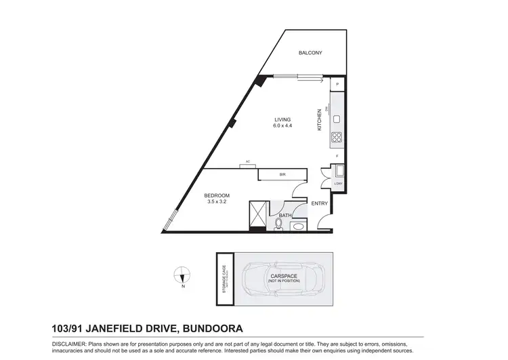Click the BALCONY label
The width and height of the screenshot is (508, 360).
click(310, 53)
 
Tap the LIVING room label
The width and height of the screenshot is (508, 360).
click(282, 119)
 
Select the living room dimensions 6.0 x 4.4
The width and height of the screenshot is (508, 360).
click(282, 126)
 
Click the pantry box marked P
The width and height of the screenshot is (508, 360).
click(337, 84)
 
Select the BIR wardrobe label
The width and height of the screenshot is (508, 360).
click(282, 175)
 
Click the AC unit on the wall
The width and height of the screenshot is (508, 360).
click(248, 163)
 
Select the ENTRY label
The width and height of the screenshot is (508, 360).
click(319, 203)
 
